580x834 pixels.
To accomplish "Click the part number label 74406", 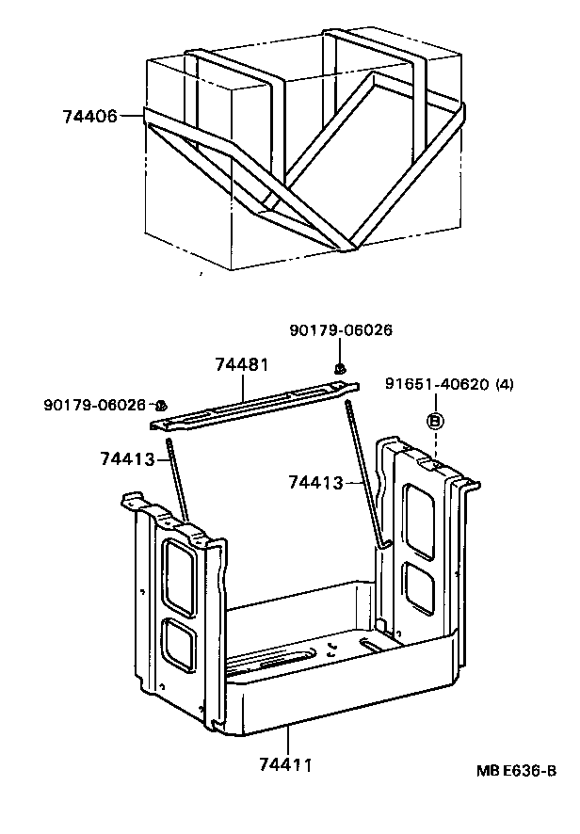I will click(89, 117).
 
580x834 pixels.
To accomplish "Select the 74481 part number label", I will click(242, 364).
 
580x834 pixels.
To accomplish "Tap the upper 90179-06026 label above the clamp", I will click(341, 330).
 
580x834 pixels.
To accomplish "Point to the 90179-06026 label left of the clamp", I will click(95, 405).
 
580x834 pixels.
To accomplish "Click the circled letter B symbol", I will click(435, 422).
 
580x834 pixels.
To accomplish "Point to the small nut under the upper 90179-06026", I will click(341, 368).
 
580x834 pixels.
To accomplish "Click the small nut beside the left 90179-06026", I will click(162, 404).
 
